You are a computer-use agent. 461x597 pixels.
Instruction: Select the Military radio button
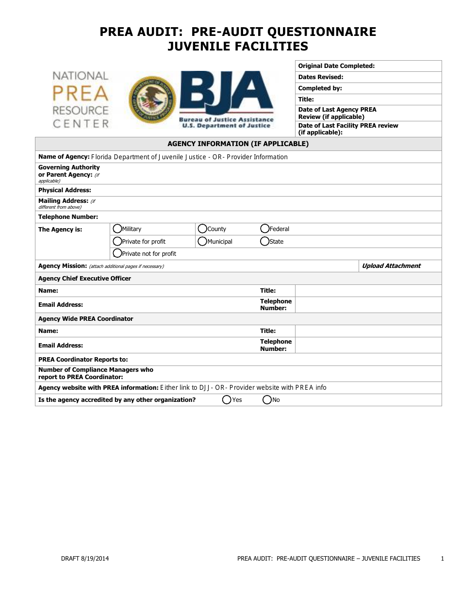[117, 229]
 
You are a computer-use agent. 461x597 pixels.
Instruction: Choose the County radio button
[202, 229]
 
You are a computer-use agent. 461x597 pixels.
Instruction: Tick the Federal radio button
[265, 229]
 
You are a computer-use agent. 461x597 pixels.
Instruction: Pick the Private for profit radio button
[117, 241]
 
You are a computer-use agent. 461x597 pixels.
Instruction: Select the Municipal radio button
[202, 241]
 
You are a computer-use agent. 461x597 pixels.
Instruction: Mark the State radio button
[265, 241]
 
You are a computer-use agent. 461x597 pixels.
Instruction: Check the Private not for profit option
[117, 253]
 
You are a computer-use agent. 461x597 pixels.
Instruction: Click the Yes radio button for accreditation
[227, 400]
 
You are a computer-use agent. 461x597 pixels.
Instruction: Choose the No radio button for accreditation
[267, 400]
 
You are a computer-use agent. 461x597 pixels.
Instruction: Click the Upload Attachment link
[391, 266]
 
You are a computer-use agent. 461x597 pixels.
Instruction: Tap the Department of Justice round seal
[152, 99]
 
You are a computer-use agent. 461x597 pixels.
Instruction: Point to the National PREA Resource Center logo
[81, 100]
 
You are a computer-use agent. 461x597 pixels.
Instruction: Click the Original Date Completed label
[336, 66]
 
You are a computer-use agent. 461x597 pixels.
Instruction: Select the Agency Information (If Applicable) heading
[238, 144]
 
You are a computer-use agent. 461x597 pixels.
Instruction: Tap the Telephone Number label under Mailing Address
[68, 217]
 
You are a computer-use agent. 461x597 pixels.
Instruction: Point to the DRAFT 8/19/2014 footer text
[85, 559]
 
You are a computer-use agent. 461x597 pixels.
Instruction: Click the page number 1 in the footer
[442, 559]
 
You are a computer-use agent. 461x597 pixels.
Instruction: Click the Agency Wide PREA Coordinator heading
[85, 319]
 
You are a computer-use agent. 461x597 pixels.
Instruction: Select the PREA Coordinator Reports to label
[83, 360]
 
